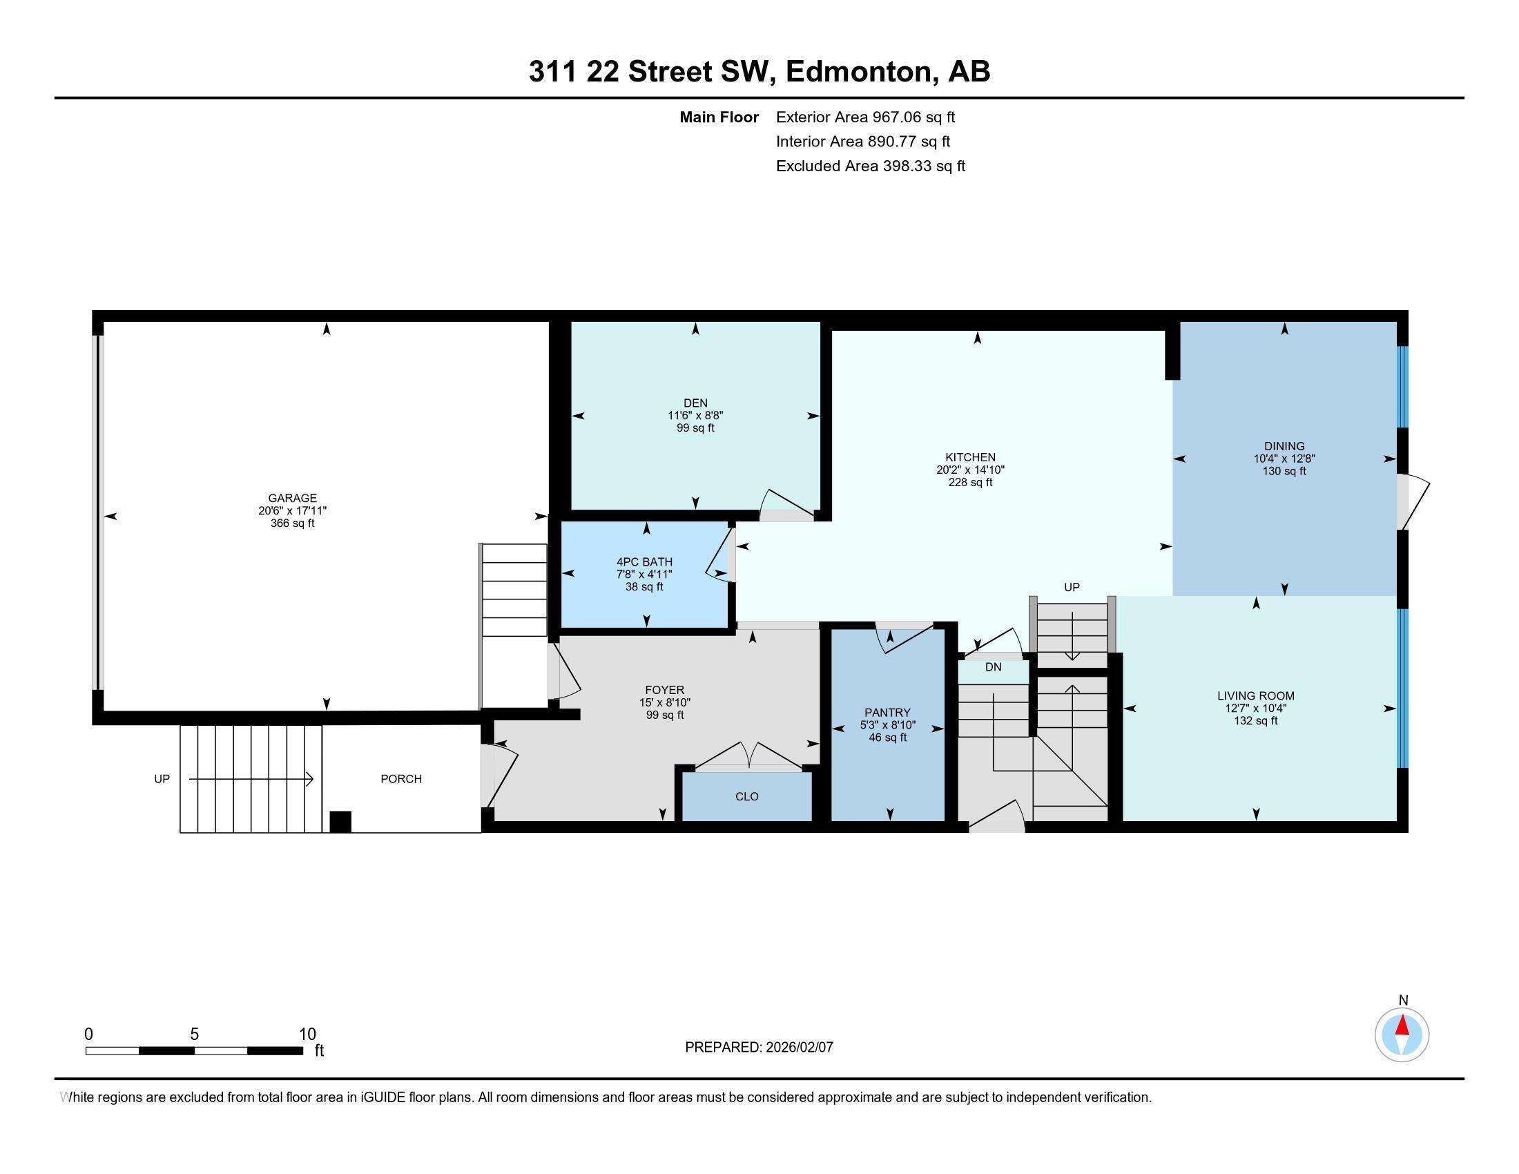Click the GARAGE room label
click(292, 498)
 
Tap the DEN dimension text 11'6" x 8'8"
click(695, 415)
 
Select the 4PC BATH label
click(644, 562)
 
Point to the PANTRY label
click(887, 712)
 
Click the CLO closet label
click(746, 796)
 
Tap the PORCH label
click(400, 779)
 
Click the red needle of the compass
click(1402, 1026)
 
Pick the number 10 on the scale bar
click(307, 1035)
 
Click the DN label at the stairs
click(993, 667)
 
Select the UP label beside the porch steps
click(162, 779)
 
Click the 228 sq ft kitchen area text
click(970, 482)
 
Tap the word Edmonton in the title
click(860, 72)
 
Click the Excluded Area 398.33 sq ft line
click(870, 166)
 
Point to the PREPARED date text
click(759, 1048)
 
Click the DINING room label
click(1284, 447)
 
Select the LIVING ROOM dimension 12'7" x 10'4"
click(1255, 708)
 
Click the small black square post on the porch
click(340, 821)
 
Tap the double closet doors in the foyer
click(748, 756)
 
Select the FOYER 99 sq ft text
click(664, 715)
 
